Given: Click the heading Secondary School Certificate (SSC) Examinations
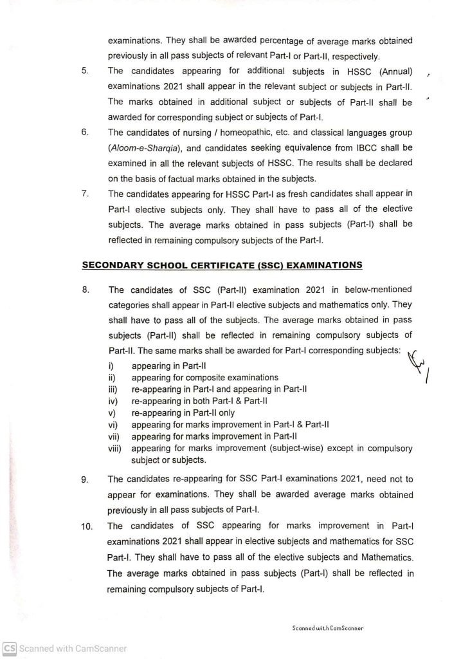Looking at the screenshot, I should (222, 265).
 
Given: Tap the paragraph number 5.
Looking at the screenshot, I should (85, 70).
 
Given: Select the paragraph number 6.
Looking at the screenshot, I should (85, 132).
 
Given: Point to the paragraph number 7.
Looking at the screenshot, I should (85, 194).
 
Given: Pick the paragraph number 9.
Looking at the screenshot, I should (86, 479).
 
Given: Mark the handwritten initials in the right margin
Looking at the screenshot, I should (419, 366).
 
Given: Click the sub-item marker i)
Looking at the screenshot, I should (111, 366).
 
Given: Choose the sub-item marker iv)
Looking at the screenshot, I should (113, 401).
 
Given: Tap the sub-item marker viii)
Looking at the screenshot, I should (116, 448).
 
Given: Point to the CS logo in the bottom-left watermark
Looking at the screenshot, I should (9, 649).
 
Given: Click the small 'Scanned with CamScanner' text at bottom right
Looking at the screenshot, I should (328, 628).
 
